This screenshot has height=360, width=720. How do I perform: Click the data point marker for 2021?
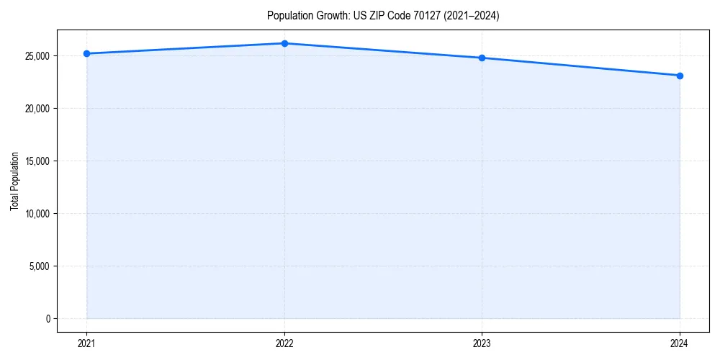pos(86,53)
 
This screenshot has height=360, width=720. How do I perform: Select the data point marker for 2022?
pos(284,43)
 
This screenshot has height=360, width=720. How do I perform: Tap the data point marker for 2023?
pos(482,58)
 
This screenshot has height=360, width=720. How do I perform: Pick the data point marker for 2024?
pos(680,76)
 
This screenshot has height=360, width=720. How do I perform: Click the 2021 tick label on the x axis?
pos(86,343)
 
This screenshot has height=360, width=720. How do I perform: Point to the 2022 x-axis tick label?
pos(284,343)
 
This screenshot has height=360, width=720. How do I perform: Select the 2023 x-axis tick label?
pos(482,343)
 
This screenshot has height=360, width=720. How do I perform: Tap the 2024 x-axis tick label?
pos(680,343)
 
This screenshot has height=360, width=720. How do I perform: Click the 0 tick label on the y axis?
pos(48,319)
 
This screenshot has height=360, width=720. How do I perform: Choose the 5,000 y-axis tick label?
pos(39,266)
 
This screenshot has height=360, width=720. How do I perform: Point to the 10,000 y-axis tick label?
pos(37,214)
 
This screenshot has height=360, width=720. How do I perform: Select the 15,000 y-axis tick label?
pos(37,161)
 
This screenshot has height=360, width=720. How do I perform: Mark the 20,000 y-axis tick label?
pos(37,109)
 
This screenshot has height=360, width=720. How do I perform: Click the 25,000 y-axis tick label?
pos(37,56)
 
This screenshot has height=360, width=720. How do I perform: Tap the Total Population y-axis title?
pos(14,181)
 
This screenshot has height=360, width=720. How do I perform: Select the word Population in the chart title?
pos(288,16)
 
